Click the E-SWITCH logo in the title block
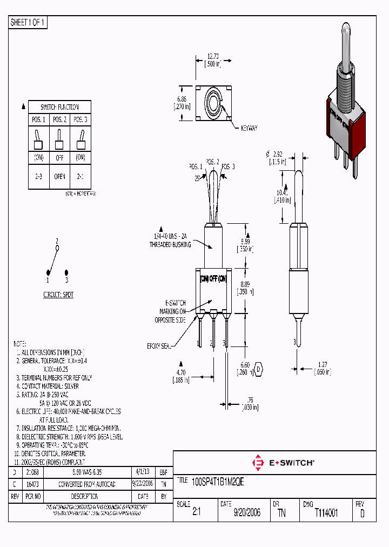pos(284,463)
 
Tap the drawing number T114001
pos(326,513)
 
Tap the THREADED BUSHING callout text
pos(170,241)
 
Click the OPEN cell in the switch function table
pos(59,176)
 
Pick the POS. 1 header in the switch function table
pos(38,120)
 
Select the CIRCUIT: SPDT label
pos(58,296)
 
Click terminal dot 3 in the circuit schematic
pos(66,273)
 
